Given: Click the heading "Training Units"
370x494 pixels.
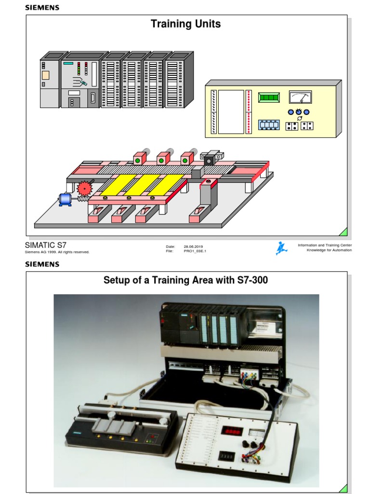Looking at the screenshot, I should [185, 24].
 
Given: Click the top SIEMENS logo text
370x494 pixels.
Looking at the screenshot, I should [42, 7].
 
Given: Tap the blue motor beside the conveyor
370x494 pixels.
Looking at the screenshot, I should [65, 199].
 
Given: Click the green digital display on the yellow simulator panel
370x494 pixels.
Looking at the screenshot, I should [269, 97].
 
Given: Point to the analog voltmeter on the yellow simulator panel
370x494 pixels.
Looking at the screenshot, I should [300, 97].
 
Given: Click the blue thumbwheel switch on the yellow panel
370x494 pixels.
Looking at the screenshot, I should [269, 125].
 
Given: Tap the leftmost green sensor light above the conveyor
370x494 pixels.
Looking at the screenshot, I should [137, 160].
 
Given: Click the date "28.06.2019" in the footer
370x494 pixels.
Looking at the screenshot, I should [193, 247].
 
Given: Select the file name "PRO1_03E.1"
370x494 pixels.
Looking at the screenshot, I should [195, 251].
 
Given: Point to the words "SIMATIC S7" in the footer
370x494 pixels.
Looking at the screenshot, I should [45, 245].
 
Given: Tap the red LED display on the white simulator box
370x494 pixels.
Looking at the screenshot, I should [232, 431].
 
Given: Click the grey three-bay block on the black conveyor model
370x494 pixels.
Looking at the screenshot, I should [111, 425].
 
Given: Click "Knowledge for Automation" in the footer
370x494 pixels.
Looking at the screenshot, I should [329, 250].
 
